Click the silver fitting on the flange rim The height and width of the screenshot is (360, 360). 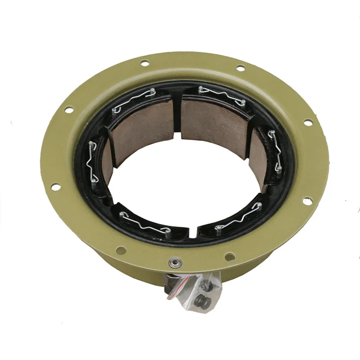[173, 261]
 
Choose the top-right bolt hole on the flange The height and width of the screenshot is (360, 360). [240, 68]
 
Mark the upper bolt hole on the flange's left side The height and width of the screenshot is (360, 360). [68, 109]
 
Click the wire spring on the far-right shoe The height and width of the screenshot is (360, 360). [275, 150]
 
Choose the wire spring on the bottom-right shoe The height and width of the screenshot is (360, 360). [238, 219]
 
